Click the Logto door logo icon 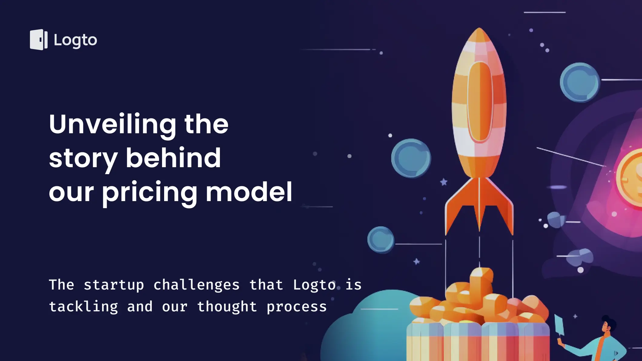click(39, 40)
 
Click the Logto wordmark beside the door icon click(75, 41)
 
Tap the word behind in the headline click(173, 158)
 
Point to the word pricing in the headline click(150, 193)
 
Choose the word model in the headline click(249, 192)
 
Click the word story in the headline click(83, 159)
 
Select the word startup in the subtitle click(114, 286)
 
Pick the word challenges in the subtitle click(197, 286)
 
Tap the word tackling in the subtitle click(84, 307)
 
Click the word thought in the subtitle click(227, 307)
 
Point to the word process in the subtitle click(297, 307)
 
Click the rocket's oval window click(480, 102)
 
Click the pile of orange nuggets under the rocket click(478, 300)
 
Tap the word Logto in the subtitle click(314, 286)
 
